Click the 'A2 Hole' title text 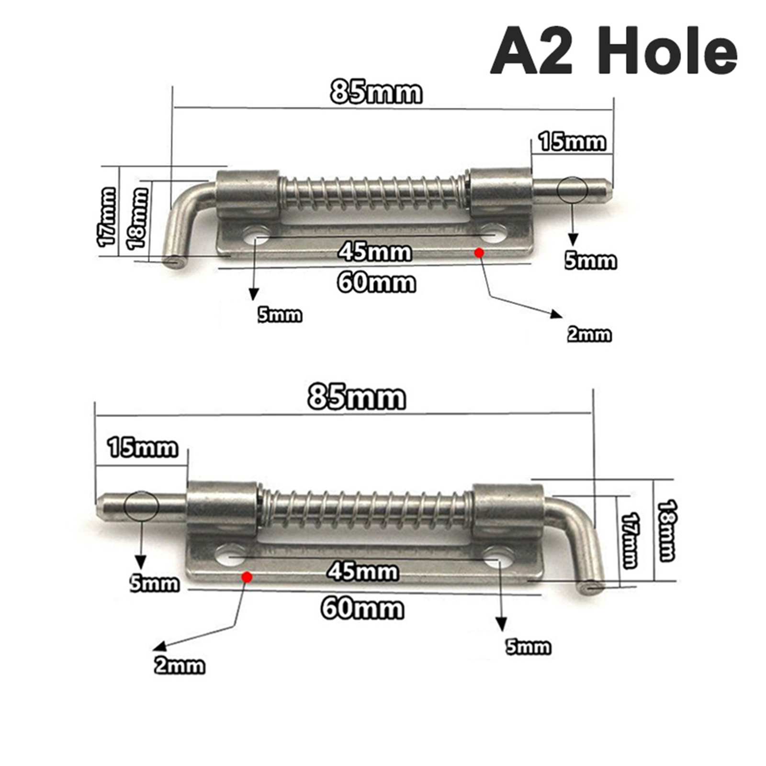pyautogui.click(x=613, y=50)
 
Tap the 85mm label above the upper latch pyautogui.click(x=376, y=92)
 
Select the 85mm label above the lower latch pyautogui.click(x=357, y=397)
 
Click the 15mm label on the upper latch pyautogui.click(x=572, y=142)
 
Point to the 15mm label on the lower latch pyautogui.click(x=143, y=449)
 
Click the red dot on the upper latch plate pyautogui.click(x=478, y=252)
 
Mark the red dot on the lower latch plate pyautogui.click(x=247, y=577)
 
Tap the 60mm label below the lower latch pyautogui.click(x=362, y=609)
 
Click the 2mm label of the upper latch pyautogui.click(x=589, y=334)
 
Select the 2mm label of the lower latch pyautogui.click(x=179, y=666)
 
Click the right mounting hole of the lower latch pyautogui.click(x=498, y=557)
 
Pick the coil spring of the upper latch pyautogui.click(x=373, y=194)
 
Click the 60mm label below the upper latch pyautogui.click(x=377, y=282)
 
